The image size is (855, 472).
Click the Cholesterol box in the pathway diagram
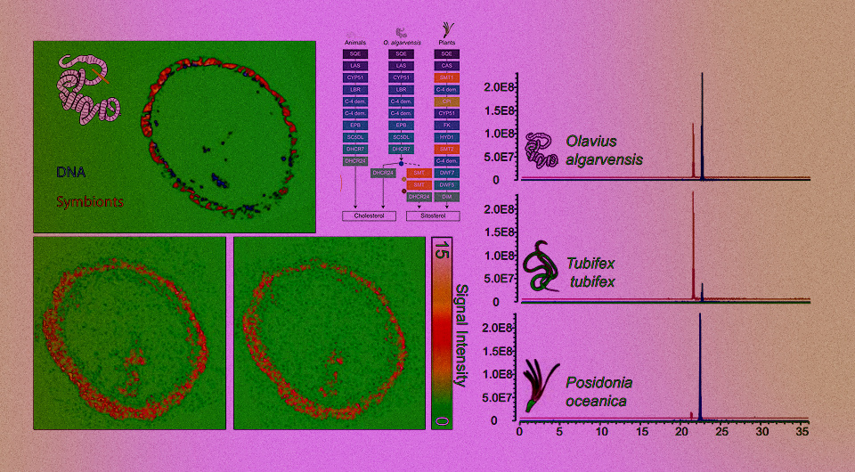coord(362,216)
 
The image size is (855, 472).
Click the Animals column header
coord(355,42)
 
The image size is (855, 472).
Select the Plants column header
coord(446,42)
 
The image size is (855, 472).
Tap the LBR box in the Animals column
coord(355,90)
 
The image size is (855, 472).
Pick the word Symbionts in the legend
coord(90,201)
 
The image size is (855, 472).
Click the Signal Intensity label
coord(461,335)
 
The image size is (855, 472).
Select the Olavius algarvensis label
coord(604,151)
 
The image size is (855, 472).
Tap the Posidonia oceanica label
coord(598,392)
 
